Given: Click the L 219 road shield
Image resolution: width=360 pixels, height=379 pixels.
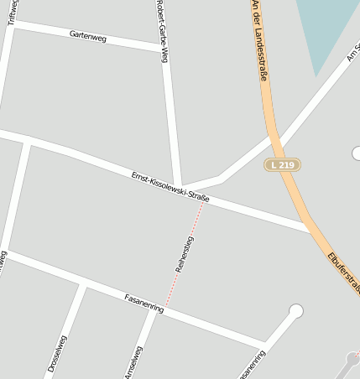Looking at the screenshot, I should pyautogui.click(x=283, y=165).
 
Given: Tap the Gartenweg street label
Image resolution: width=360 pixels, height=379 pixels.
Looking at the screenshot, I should pyautogui.click(x=88, y=36).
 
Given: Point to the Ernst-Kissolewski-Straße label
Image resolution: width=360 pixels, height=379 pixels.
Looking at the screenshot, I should pyautogui.click(x=170, y=186).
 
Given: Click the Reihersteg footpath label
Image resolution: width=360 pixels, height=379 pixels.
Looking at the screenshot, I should pyautogui.click(x=185, y=254).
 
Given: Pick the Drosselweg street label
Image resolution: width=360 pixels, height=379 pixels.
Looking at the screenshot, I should pyautogui.click(x=57, y=353).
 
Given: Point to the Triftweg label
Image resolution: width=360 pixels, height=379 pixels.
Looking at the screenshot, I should pyautogui.click(x=12, y=12).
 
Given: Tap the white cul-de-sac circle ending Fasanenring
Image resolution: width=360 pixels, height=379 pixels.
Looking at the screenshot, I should pyautogui.click(x=295, y=312).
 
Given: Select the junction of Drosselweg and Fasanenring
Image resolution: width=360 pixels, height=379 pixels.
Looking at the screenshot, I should pyautogui.click(x=82, y=286).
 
